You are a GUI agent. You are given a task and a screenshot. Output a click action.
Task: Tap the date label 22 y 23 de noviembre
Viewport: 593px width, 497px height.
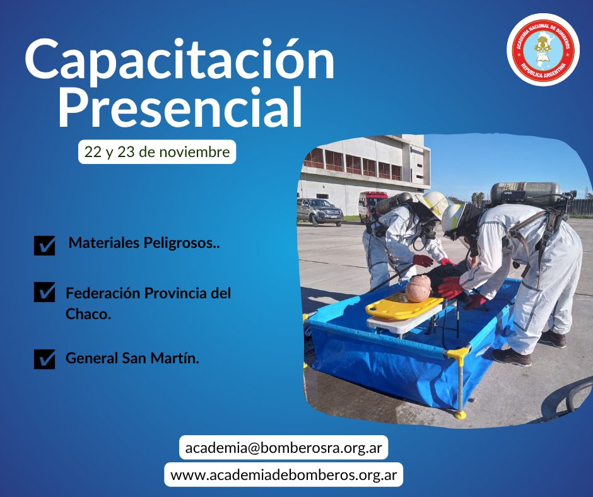click(x=157, y=152)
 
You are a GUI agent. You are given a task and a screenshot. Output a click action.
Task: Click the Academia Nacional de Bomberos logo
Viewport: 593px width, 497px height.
click(x=543, y=49)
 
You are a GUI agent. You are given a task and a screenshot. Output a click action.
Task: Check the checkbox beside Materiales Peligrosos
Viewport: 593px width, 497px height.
click(x=44, y=245)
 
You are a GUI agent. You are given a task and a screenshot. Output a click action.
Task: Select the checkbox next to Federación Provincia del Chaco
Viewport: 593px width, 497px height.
click(x=44, y=292)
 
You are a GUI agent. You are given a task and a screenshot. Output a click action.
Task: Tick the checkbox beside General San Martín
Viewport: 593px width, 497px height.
click(x=44, y=359)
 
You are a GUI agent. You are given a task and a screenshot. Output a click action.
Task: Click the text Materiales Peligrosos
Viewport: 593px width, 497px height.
click(x=144, y=243)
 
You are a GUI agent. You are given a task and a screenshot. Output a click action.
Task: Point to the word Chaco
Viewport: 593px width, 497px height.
click(x=88, y=314)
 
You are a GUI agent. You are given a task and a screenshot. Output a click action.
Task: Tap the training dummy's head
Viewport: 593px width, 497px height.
click(x=418, y=288)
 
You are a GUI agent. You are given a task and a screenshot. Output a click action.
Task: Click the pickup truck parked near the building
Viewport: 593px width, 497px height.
click(x=319, y=211)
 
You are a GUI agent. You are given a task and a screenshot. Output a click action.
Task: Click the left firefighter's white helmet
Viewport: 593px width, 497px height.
click(x=434, y=203)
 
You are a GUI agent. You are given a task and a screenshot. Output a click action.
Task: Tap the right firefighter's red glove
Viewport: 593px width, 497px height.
click(x=450, y=288)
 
